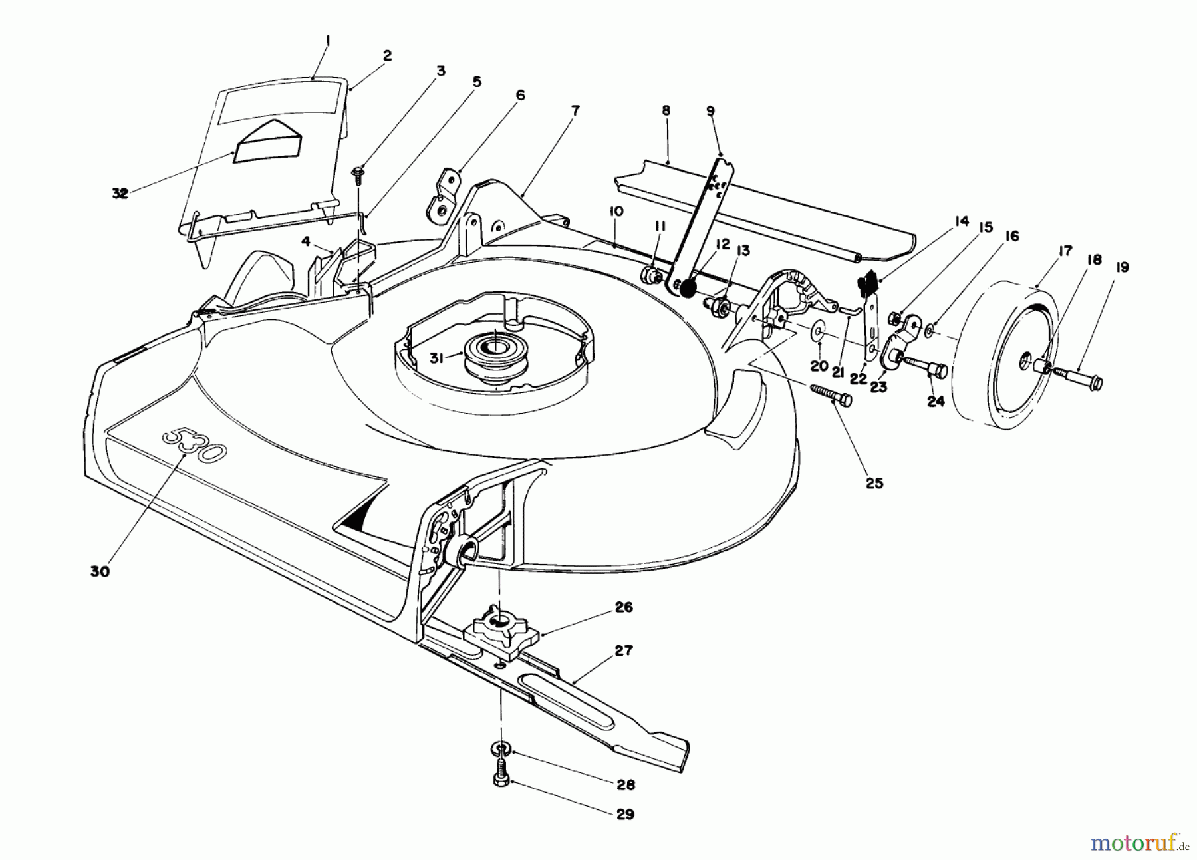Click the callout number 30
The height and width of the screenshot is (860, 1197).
pyautogui.click(x=100, y=571)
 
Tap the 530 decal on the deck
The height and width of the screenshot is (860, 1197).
pyautogui.click(x=194, y=446)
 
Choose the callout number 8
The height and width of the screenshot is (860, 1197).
pyautogui.click(x=666, y=111)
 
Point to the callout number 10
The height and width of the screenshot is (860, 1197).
pyautogui.click(x=615, y=212)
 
